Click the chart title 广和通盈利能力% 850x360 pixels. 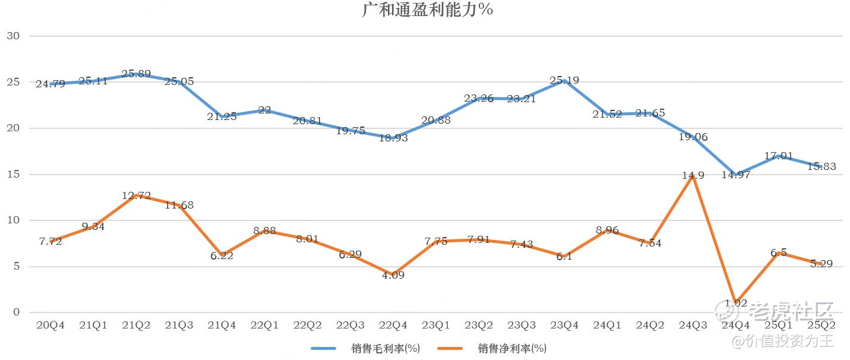[428, 10]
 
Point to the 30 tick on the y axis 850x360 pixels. [13, 36]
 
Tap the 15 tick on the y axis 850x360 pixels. [13, 175]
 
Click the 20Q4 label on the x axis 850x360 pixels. [50, 325]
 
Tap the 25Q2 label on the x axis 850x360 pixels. [821, 325]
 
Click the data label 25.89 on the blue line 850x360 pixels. [136, 74]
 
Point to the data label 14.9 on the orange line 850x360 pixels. [693, 175]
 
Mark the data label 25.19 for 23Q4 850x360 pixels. [564, 80]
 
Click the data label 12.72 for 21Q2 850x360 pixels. [136, 195]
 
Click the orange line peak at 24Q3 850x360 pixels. [693, 176]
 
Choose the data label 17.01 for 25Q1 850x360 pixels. [778, 156]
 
